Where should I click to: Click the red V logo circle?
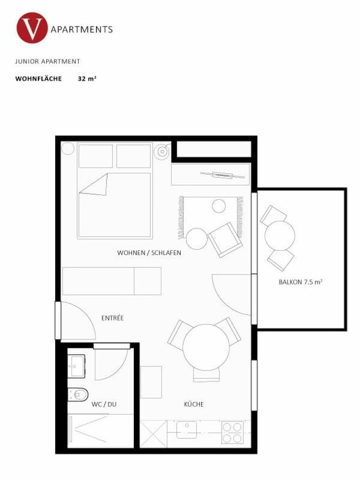click(x=32, y=29)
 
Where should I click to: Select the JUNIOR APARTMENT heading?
click(x=47, y=62)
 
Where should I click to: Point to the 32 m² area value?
click(x=86, y=79)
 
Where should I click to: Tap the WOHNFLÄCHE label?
click(x=38, y=79)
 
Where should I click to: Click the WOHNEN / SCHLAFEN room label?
click(x=149, y=253)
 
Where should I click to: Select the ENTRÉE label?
click(x=112, y=318)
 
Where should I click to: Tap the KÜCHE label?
click(x=193, y=404)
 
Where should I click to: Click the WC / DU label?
click(x=102, y=404)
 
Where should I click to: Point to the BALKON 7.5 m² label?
click(x=300, y=282)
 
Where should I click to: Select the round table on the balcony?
click(x=279, y=236)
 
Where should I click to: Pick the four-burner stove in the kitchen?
click(x=231, y=433)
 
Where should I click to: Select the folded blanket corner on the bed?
click(x=94, y=185)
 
